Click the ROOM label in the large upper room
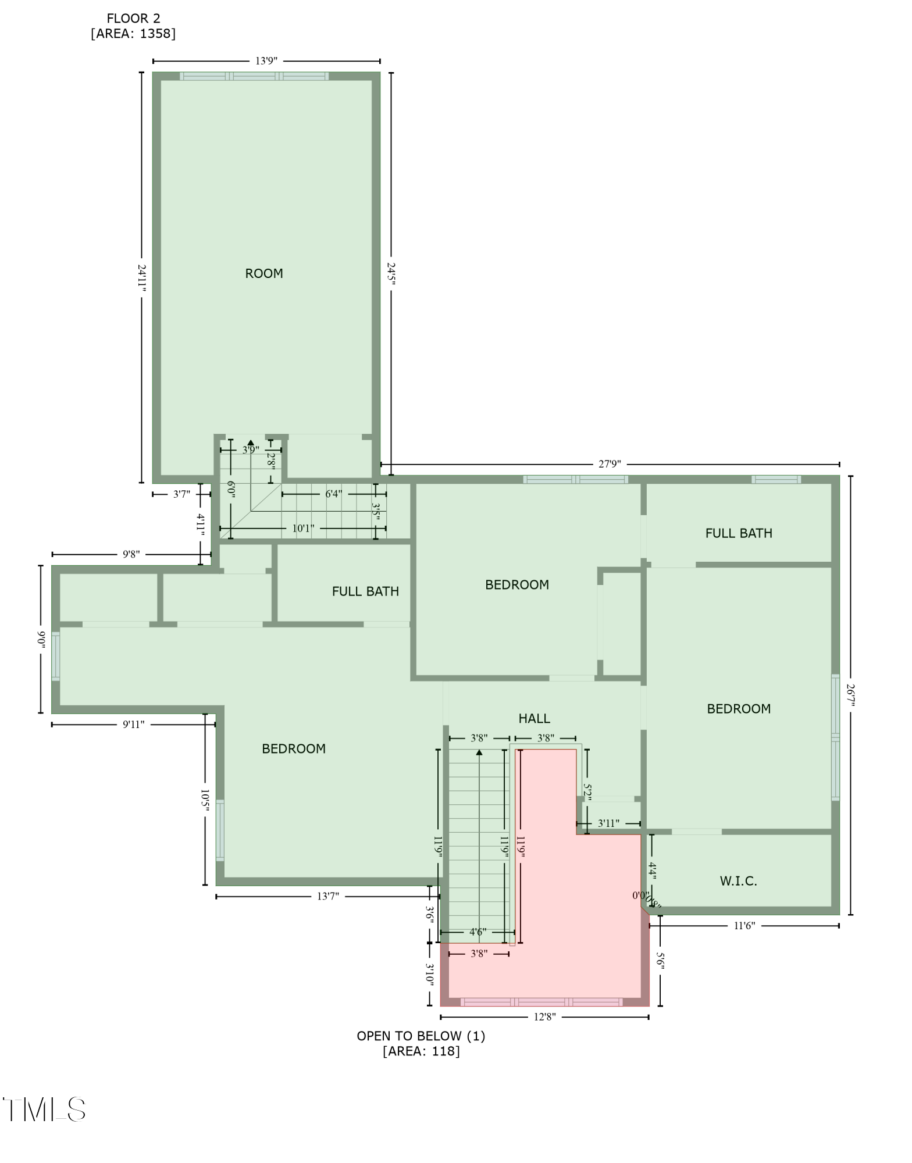pyautogui.click(x=263, y=273)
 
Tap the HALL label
pyautogui.click(x=534, y=719)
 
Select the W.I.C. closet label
pyautogui.click(x=738, y=881)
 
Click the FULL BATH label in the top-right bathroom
pyautogui.click(x=739, y=533)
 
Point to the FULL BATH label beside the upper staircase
pyautogui.click(x=365, y=591)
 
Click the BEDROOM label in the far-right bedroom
pyautogui.click(x=739, y=709)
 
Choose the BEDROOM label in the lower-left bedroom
pyautogui.click(x=294, y=749)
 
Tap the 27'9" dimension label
pyautogui.click(x=610, y=464)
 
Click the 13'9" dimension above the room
pyautogui.click(x=266, y=60)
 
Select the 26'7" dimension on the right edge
pyautogui.click(x=850, y=695)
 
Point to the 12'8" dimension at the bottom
pyautogui.click(x=544, y=1017)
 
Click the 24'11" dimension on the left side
pyautogui.click(x=141, y=276)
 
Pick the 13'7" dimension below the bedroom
pyautogui.click(x=328, y=896)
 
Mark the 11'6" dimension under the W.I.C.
pyautogui.click(x=744, y=926)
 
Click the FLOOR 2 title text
pyautogui.click(x=133, y=19)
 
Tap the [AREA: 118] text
pyautogui.click(x=421, y=1051)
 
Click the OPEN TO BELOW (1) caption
pyautogui.click(x=421, y=1036)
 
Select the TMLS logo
pyautogui.click(x=44, y=1110)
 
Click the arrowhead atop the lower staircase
pyautogui.click(x=479, y=752)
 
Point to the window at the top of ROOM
pyautogui.click(x=254, y=76)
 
